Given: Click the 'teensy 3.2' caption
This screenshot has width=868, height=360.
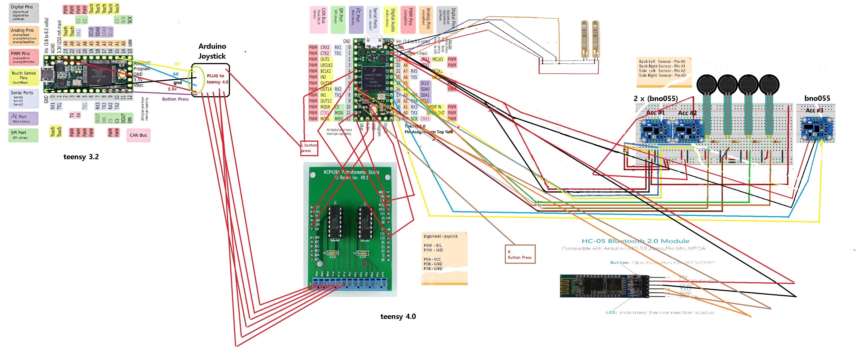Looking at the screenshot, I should coord(81,157).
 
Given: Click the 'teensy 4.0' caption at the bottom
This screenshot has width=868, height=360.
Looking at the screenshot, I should coord(398,316).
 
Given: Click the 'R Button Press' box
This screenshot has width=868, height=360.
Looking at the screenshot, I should coord(520,254).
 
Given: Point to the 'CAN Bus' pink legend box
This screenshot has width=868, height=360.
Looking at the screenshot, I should coord(138,135).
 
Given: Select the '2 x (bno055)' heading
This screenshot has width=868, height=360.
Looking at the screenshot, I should coord(655,98).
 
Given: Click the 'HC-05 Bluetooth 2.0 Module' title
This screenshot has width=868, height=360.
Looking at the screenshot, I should coord(635,241).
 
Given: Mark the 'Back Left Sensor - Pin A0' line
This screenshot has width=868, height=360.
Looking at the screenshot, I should coord(662,61).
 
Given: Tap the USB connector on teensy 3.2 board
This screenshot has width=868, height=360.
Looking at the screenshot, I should coord(47,74).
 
